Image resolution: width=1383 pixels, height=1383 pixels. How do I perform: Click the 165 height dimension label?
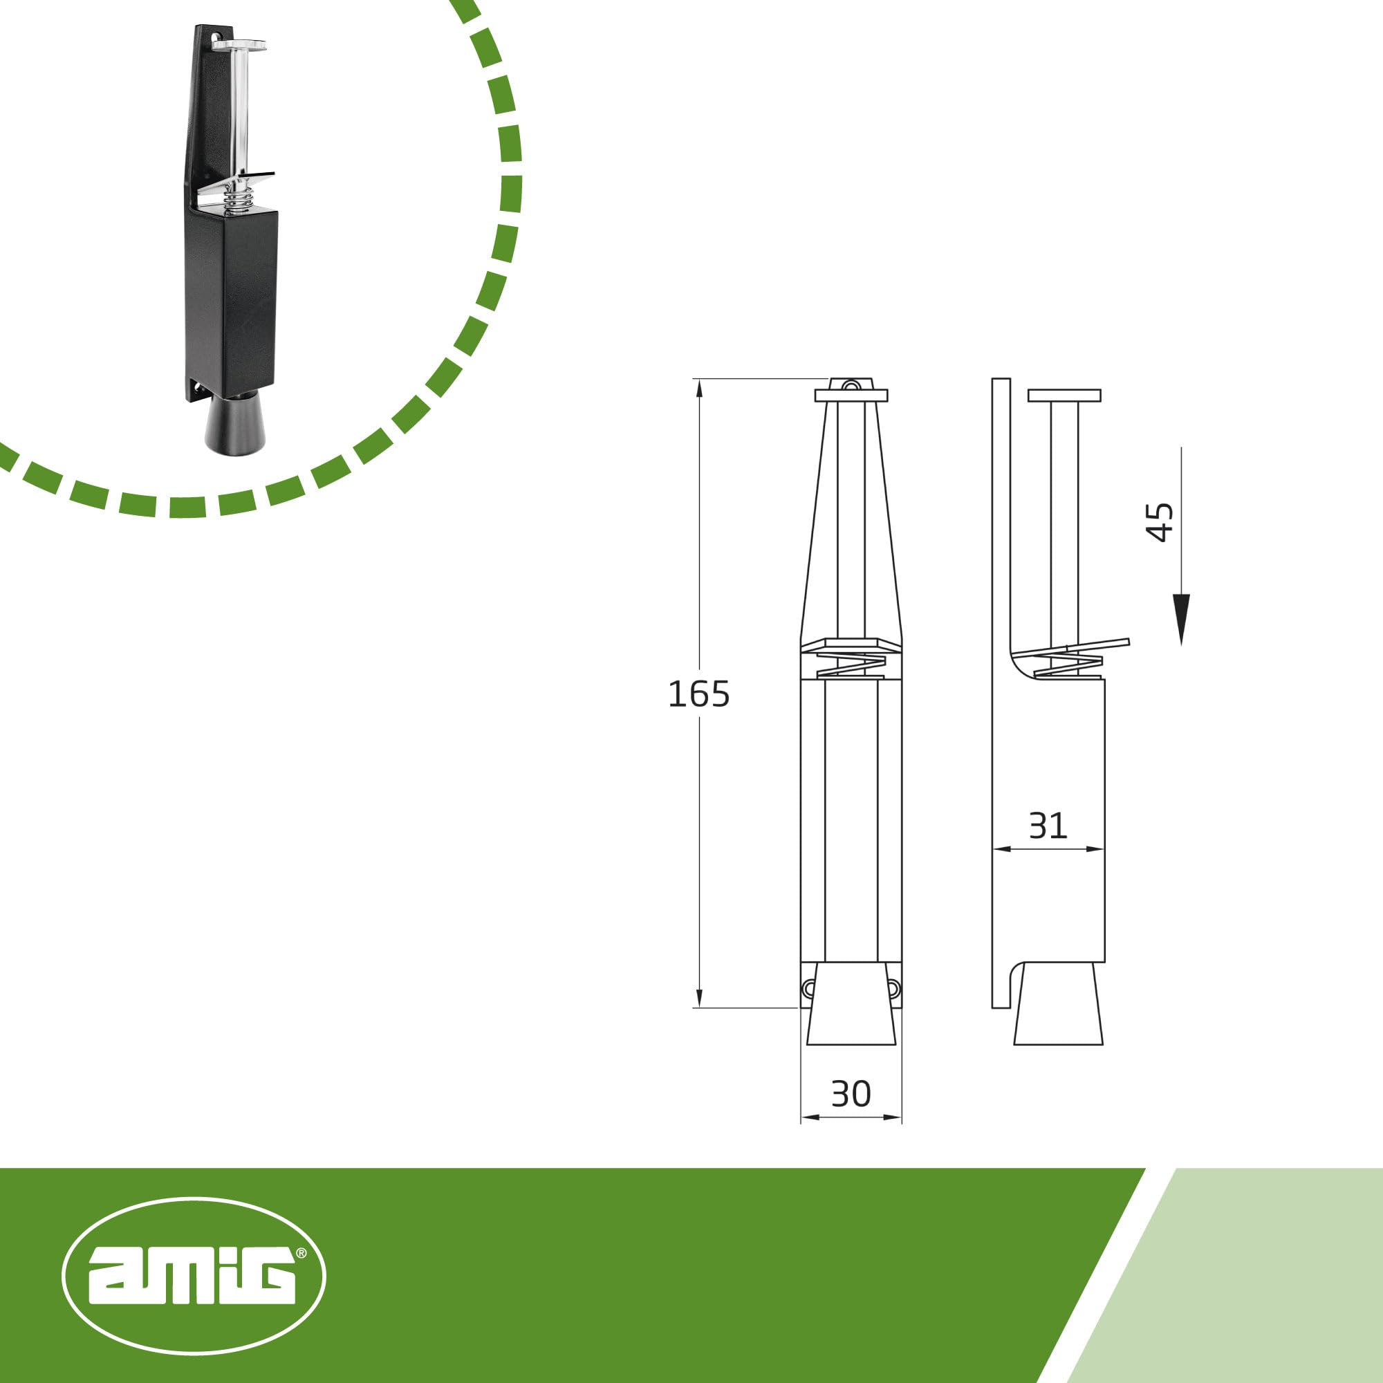tap(698, 694)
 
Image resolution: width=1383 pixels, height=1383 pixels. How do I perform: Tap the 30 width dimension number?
tap(851, 1094)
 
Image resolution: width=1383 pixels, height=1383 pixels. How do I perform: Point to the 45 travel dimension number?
tap(1160, 522)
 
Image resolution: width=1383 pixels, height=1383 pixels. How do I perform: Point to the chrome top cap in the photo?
tap(240, 45)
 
